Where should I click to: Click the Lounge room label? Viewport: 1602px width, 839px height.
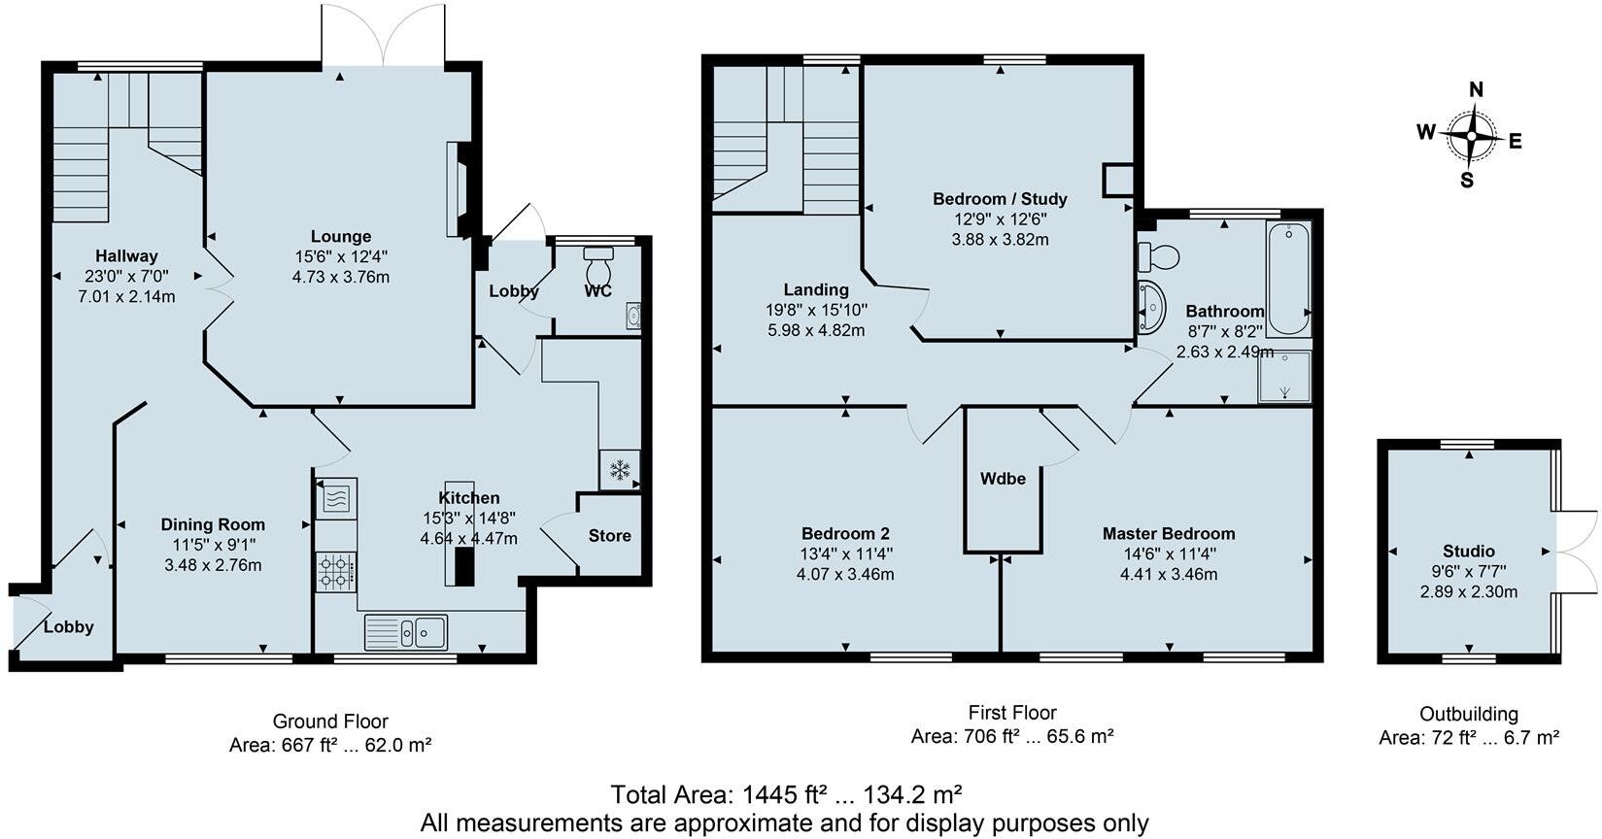[340, 236]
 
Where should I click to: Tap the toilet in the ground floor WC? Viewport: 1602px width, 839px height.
[598, 264]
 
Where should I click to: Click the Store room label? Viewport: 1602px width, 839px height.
[609, 535]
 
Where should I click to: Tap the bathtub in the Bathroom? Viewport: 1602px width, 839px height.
[1288, 278]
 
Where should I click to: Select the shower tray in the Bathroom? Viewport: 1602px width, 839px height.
[1284, 377]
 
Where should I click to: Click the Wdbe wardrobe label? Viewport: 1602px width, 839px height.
[1003, 478]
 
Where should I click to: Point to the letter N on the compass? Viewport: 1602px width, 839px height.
[1475, 89]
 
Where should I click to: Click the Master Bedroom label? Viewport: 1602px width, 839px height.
[1168, 533]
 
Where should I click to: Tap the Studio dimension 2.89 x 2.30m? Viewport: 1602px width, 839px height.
[1468, 591]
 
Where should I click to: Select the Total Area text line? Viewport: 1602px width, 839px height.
[786, 795]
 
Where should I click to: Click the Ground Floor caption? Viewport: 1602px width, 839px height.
[330, 721]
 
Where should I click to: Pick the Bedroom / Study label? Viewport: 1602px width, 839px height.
[1000, 199]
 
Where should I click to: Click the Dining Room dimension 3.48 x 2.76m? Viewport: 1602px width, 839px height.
[213, 565]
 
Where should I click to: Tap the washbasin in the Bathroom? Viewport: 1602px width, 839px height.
[1150, 307]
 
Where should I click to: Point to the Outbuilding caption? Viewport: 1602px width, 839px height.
[1468, 714]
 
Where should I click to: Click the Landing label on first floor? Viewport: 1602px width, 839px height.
[816, 289]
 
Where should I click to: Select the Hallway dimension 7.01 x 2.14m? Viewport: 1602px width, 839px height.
[126, 296]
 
